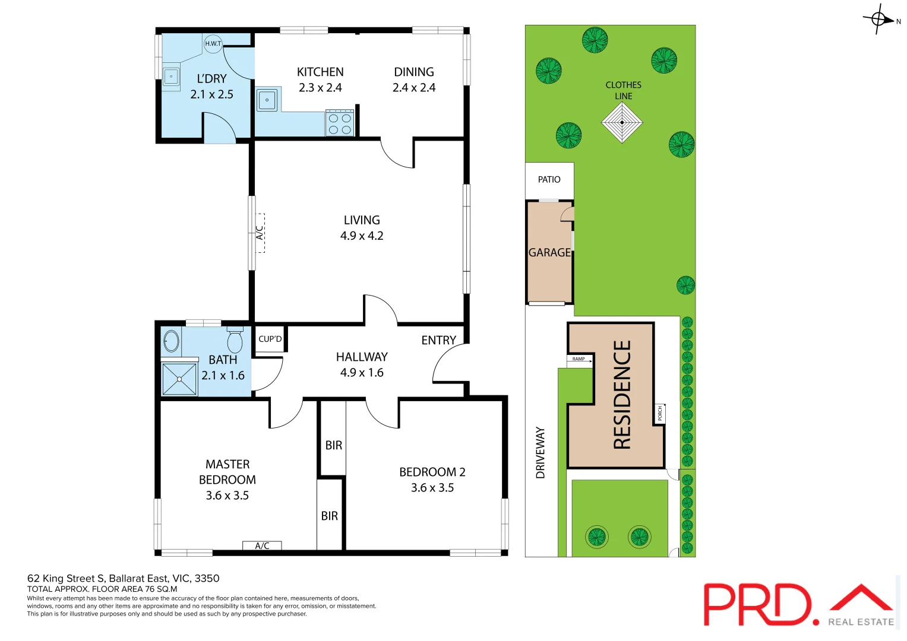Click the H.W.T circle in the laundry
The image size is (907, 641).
tap(213, 43)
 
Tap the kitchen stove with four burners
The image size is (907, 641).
tap(339, 123)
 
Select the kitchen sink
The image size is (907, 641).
tap(267, 100)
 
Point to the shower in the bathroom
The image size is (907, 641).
tap(179, 378)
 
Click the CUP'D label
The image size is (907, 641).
tap(270, 339)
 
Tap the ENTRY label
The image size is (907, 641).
tap(438, 340)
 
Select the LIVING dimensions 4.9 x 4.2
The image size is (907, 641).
tap(361, 236)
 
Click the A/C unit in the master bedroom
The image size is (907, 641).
tap(262, 545)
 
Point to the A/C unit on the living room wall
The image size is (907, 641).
tap(260, 233)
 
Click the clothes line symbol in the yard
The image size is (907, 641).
tap(622, 123)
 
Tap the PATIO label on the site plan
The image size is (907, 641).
tap(549, 179)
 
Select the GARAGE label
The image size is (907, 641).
tap(549, 252)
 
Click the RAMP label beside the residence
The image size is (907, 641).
tap(579, 359)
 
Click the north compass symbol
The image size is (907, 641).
tap(879, 19)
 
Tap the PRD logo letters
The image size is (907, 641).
tap(757, 604)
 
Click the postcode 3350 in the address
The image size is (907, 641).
tap(207, 578)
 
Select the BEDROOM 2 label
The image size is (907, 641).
tap(432, 472)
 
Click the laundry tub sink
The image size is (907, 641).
tap(171, 77)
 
